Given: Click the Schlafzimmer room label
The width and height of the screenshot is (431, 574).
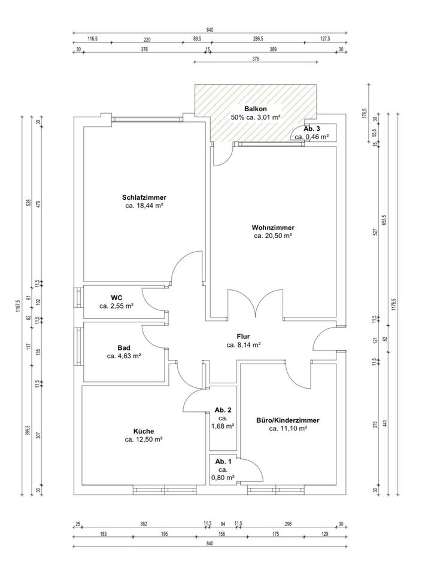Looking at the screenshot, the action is point(144,197).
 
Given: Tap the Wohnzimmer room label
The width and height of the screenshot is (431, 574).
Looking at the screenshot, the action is point(272,227).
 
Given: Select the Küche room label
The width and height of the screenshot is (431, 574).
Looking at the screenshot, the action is point(144,431).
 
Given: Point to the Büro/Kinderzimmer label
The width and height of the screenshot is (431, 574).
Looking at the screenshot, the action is point(287,420).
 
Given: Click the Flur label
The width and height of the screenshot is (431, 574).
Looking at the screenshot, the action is point(243,336).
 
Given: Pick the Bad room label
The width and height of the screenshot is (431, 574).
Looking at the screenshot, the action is point(124,347).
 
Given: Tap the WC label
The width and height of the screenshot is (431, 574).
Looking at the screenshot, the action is point(117,297).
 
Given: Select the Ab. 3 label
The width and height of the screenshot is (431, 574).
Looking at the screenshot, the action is point(312,129).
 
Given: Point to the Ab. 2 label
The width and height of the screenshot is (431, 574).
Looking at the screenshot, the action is point(223,410).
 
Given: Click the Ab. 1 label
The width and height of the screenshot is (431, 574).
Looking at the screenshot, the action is point(223,461).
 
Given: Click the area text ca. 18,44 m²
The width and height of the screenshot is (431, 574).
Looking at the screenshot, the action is point(144,206).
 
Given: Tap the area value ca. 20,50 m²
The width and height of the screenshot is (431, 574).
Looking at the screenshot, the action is point(272,236).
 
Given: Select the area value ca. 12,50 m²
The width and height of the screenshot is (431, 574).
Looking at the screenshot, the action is point(144,439).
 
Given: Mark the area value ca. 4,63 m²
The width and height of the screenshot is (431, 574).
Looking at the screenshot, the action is point(124,356).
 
